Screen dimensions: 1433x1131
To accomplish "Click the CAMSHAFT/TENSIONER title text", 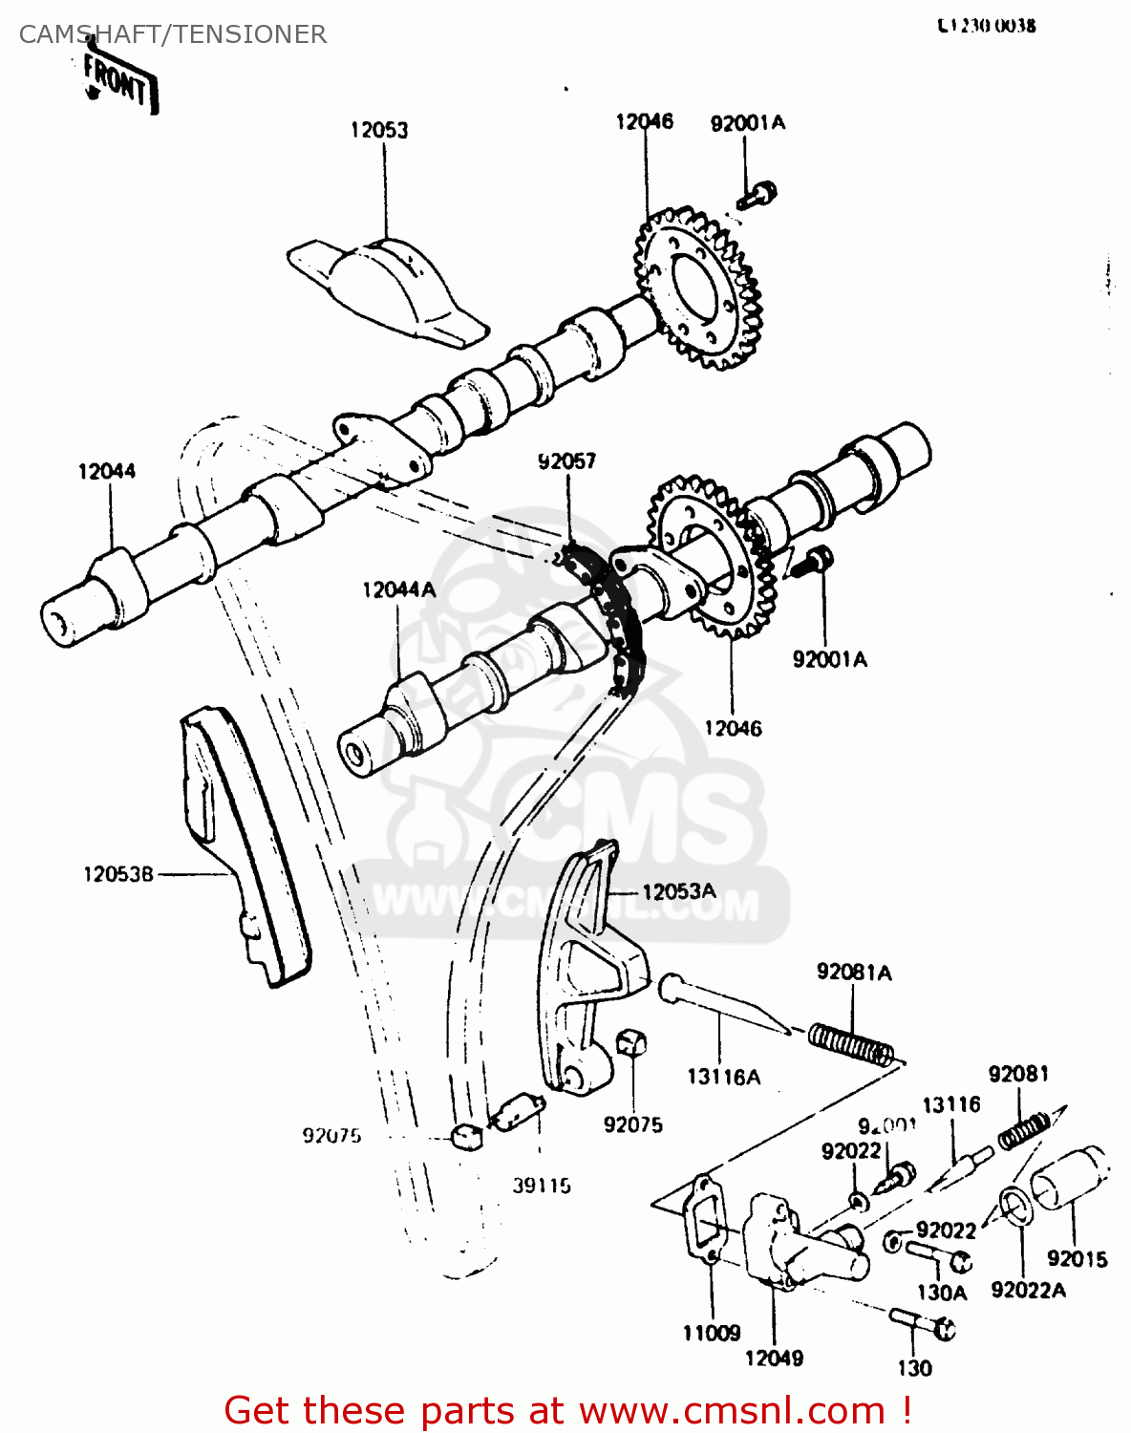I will [x=173, y=34].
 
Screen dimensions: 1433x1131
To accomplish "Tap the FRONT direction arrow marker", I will [x=118, y=84].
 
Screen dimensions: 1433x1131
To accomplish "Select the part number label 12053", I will [x=379, y=130].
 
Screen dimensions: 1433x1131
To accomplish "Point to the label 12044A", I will [x=398, y=590].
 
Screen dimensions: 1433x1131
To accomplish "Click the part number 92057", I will [x=566, y=461].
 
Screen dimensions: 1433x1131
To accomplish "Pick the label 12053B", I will [x=118, y=873].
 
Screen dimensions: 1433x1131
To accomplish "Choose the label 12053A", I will [x=678, y=891].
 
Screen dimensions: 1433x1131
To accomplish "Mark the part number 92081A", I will [x=854, y=973].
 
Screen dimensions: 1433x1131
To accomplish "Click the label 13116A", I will [x=723, y=1078].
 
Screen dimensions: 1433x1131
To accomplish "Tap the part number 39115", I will [x=541, y=1186].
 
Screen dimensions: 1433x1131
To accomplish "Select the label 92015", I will [x=1077, y=1259].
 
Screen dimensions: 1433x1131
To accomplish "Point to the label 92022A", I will [x=1028, y=1291].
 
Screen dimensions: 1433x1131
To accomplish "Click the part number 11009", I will [x=712, y=1333].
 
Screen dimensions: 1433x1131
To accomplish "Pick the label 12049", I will [x=774, y=1358].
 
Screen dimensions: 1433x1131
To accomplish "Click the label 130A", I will [x=942, y=1293].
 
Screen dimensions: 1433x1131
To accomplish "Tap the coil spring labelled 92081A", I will [x=851, y=1043].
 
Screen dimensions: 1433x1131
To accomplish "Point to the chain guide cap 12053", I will [x=387, y=284].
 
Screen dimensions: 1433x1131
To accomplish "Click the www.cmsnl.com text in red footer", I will [x=732, y=1410].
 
